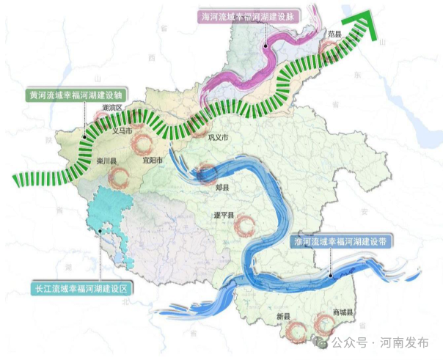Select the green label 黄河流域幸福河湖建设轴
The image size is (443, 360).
point(76,95)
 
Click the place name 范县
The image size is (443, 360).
point(335,34)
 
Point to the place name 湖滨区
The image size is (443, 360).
point(112,108)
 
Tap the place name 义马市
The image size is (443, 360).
point(120,132)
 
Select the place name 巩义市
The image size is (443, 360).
point(219,137)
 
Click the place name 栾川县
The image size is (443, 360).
point(106,161)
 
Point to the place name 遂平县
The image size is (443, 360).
point(223,215)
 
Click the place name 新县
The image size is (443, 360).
point(284,316)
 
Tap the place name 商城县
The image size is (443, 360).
point(343,312)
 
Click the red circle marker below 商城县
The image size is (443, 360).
point(323,323)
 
